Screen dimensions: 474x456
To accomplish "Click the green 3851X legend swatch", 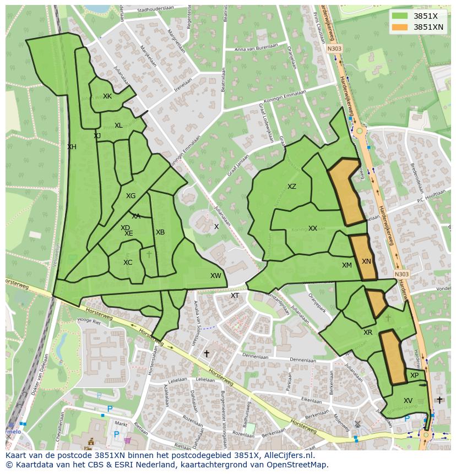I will tap(400, 16).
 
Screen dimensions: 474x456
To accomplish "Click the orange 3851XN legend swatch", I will tap(400, 27).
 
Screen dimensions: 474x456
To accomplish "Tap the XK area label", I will tap(107, 96).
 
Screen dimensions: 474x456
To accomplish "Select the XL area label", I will tap(118, 126).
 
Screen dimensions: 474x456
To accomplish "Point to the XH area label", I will tap(72, 147).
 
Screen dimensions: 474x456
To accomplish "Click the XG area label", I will tap(131, 196).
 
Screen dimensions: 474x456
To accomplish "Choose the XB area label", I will tap(160, 232).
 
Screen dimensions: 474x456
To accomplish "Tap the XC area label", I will tap(128, 263).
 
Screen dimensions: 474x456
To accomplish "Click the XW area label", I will tap(215, 276).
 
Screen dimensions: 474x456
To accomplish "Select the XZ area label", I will tap(292, 187).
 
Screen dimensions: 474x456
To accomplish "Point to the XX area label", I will tap(313, 228).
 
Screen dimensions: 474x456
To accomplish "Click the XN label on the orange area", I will tap(366, 262).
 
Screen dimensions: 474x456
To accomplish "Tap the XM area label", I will tap(346, 265).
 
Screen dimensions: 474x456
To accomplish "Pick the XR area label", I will tap(368, 333).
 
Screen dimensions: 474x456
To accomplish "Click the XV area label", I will tap(408, 401).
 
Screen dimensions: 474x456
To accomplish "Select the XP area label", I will tap(415, 375).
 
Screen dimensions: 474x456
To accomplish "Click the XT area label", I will tap(235, 296).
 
